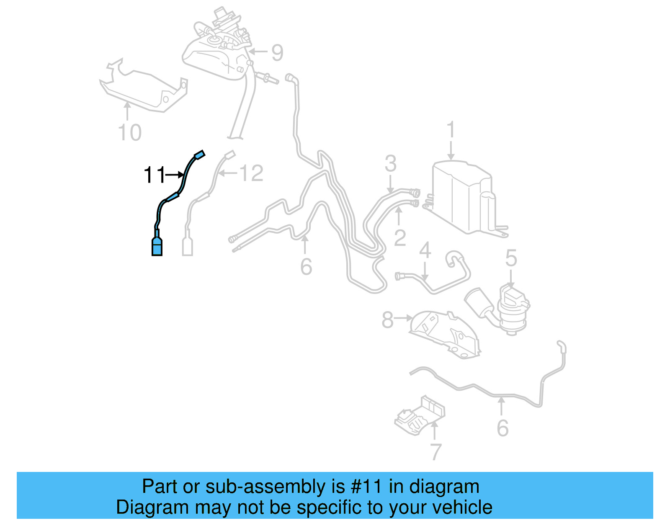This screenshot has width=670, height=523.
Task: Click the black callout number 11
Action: (x=154, y=175)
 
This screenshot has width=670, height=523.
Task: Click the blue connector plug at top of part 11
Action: (x=200, y=155)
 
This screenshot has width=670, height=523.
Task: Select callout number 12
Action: (x=251, y=173)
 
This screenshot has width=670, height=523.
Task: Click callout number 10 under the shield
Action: (x=130, y=133)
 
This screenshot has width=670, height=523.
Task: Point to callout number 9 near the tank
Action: (x=277, y=53)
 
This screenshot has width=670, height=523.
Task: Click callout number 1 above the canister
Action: (x=451, y=130)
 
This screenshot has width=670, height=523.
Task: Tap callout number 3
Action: (x=390, y=163)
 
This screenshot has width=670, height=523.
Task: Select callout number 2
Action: (x=400, y=238)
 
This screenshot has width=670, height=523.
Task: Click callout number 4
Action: (x=425, y=250)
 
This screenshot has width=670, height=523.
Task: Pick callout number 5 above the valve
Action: (x=511, y=258)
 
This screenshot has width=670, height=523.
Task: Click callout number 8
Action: (x=387, y=320)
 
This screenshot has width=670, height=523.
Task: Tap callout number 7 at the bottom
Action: (x=435, y=452)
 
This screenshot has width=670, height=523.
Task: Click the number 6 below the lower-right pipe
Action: (x=502, y=428)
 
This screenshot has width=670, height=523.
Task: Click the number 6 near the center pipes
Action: (x=306, y=267)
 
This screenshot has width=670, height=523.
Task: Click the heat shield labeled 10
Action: (x=142, y=90)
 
